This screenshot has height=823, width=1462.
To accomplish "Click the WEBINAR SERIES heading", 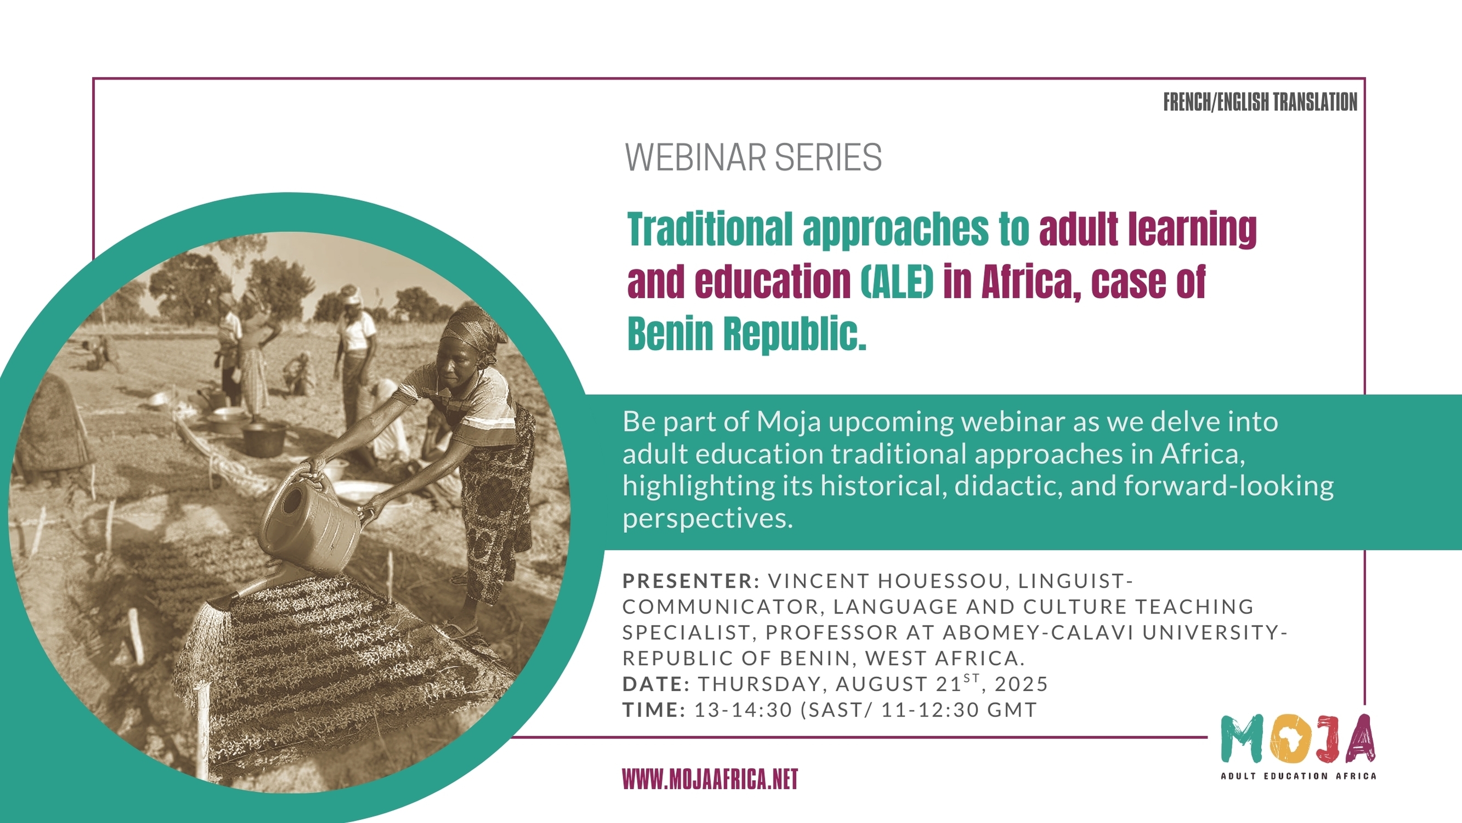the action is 753,157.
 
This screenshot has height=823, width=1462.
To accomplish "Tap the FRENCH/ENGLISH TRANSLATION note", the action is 1260,102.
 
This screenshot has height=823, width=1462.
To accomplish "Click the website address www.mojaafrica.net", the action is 710,779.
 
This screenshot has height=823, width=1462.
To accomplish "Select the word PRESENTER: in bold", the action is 691,581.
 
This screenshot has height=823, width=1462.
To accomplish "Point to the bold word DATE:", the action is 656,684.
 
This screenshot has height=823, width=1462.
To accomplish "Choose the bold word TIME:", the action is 654,710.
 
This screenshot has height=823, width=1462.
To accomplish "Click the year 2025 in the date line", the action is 1021,684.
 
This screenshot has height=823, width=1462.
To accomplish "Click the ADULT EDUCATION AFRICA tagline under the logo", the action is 1299,776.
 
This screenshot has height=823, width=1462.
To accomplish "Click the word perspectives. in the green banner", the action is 708,518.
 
